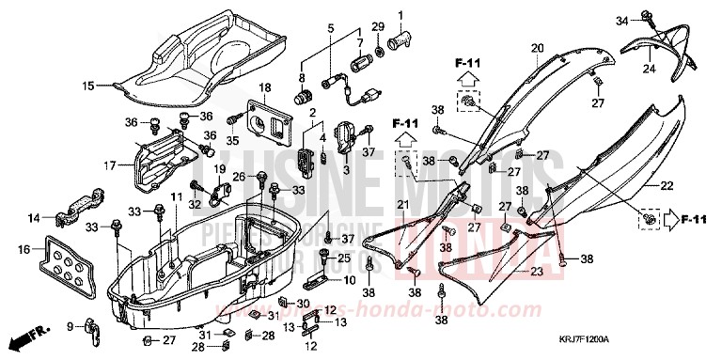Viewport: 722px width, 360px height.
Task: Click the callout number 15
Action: (86, 86)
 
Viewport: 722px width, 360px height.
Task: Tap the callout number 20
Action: (537, 49)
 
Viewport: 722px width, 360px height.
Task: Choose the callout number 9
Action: (70, 326)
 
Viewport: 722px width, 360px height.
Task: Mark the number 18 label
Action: (265, 87)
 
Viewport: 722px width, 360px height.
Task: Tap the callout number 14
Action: (34, 218)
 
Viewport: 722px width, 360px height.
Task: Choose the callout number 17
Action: (109, 165)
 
